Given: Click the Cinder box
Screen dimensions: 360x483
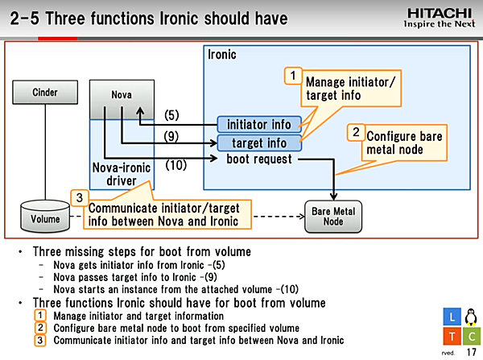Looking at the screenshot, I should (x=45, y=93).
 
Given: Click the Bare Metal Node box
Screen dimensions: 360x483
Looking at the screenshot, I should (x=332, y=216).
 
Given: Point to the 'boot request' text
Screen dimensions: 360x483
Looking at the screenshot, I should (x=259, y=159).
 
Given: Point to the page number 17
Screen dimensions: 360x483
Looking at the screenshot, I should (x=470, y=352).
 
